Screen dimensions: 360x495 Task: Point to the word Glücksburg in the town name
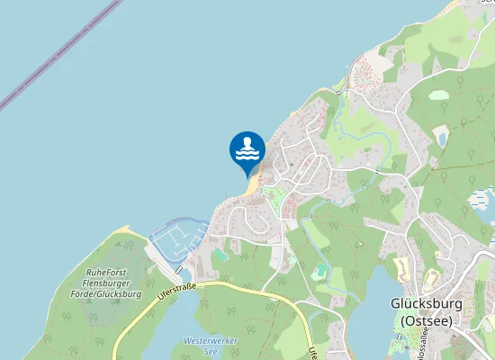click(427, 303)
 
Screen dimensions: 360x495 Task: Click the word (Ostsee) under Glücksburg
click(427, 320)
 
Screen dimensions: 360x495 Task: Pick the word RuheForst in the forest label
click(107, 272)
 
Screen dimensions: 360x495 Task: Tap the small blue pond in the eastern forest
click(441, 137)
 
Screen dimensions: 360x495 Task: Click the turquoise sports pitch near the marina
click(221, 256)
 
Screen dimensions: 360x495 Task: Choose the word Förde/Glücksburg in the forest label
click(108, 294)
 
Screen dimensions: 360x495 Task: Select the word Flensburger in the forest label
click(107, 283)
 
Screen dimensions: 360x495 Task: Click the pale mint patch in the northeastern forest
click(438, 94)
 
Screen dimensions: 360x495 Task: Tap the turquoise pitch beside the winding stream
click(320, 270)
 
